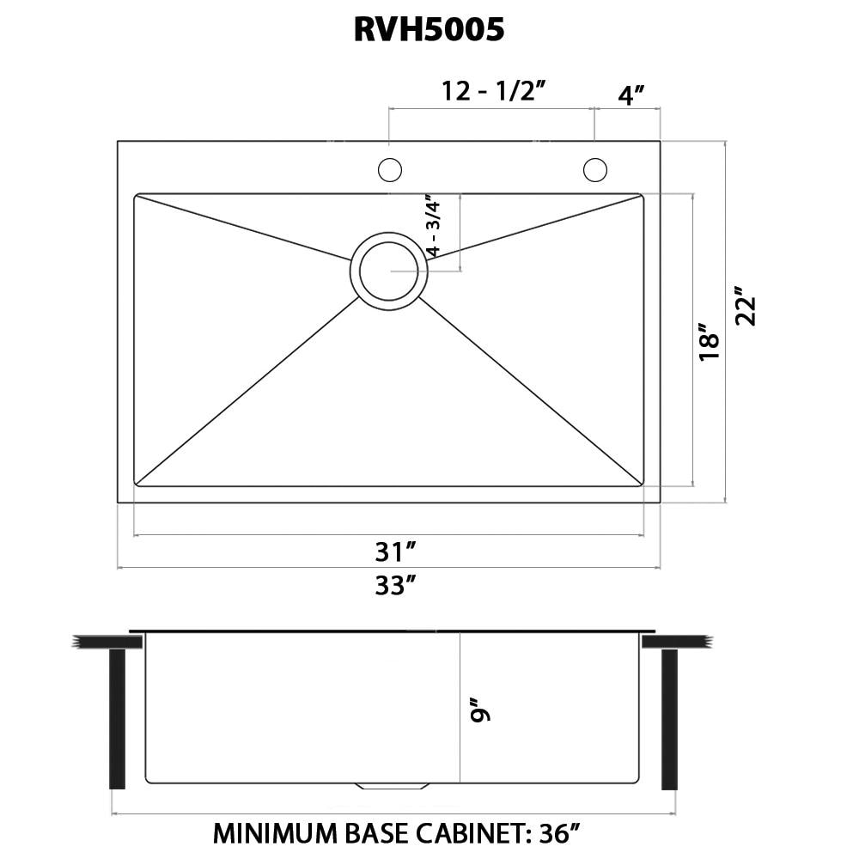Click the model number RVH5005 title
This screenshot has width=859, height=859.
click(429, 30)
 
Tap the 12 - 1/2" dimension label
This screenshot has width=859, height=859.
click(494, 91)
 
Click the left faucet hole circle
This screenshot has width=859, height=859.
click(390, 170)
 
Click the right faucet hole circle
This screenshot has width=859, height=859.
click(594, 170)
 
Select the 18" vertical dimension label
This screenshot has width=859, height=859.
click(709, 341)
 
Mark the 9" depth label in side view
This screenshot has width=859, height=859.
click(480, 713)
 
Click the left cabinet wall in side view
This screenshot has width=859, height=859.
click(117, 719)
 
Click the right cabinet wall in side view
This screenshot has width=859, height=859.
click(669, 719)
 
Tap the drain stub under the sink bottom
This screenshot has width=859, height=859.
click(392, 786)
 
